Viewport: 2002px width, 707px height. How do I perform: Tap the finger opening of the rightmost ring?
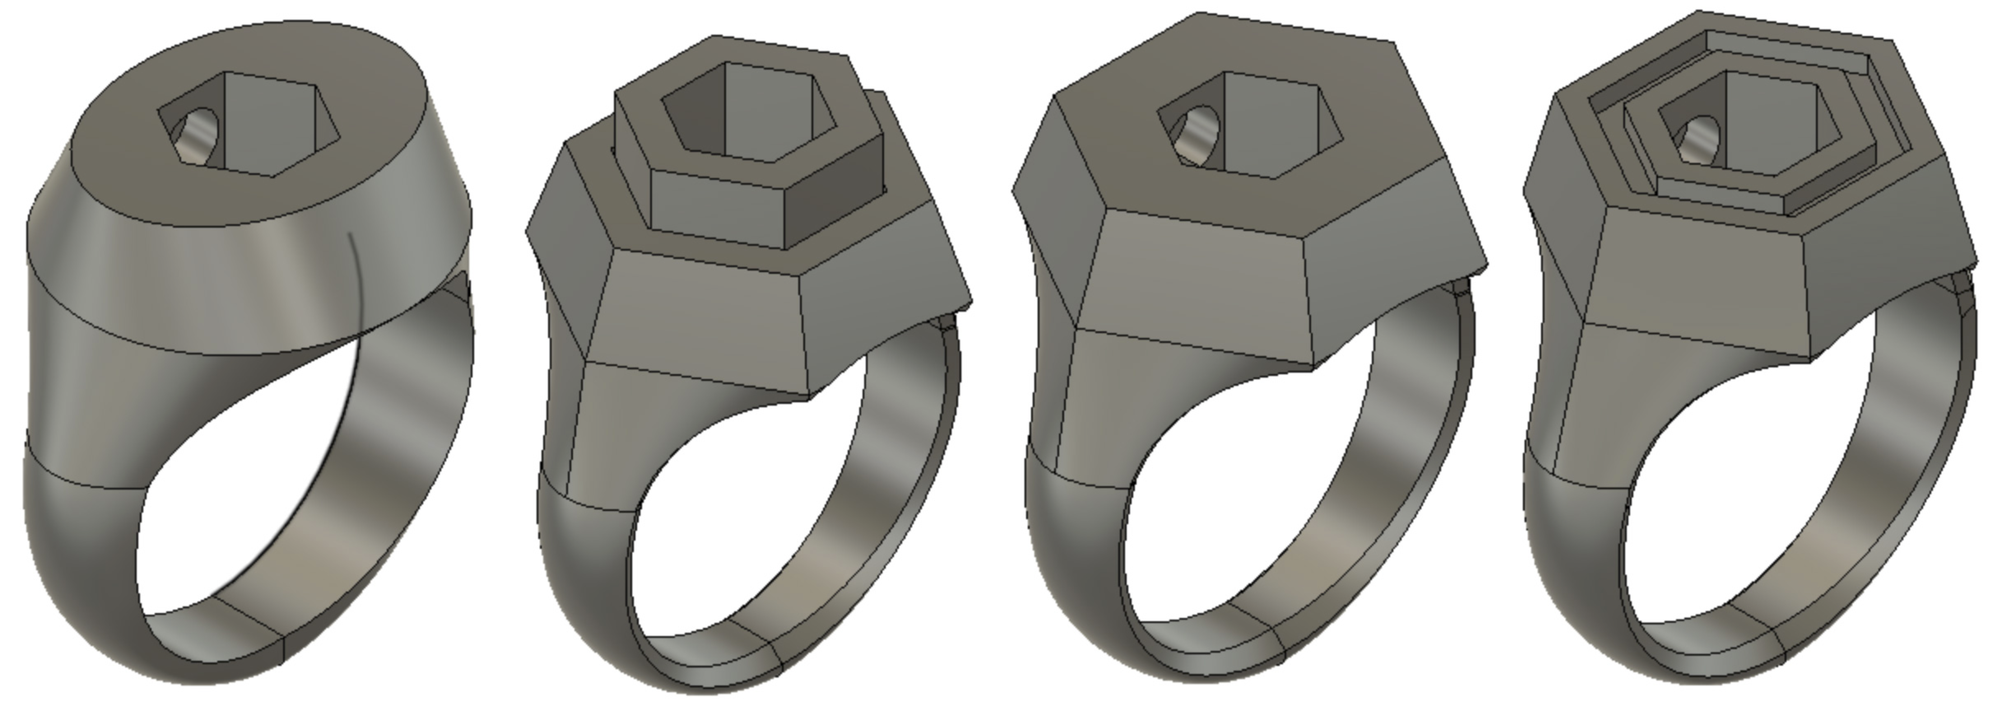[x=1749, y=498]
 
